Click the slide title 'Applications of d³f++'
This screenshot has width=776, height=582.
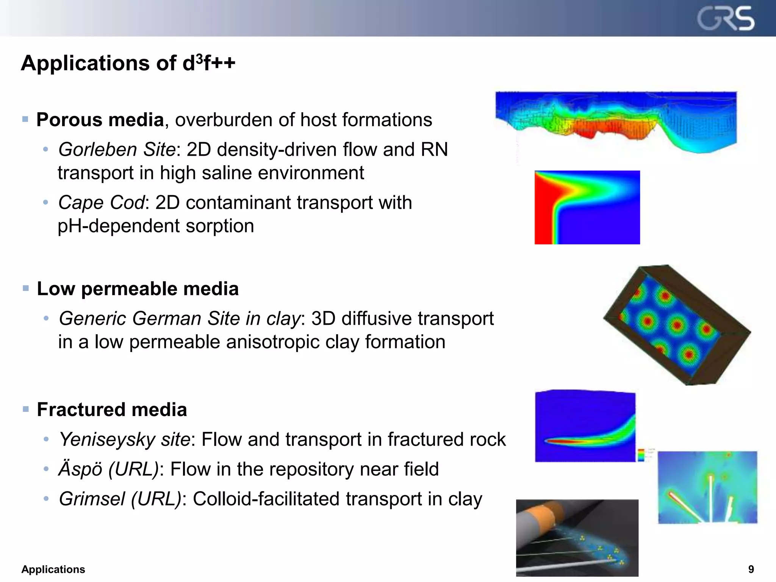point(128,63)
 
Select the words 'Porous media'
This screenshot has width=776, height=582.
point(100,120)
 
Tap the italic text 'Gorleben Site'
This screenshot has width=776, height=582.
point(117,149)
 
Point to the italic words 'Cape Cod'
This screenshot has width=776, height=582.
point(101,202)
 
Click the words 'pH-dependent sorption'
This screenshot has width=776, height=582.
point(156,226)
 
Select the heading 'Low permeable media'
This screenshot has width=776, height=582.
point(138,289)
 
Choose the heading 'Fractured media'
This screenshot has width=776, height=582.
point(112,410)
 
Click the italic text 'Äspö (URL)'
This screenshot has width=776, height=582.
point(108,469)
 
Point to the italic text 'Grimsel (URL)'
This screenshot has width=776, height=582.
point(120,499)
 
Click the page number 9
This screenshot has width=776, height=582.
point(751,569)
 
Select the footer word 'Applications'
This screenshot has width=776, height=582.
point(53,569)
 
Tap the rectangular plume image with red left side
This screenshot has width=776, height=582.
point(587,207)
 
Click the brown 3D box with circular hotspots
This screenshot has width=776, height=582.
point(677,325)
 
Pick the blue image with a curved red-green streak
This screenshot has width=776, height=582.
point(585,426)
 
